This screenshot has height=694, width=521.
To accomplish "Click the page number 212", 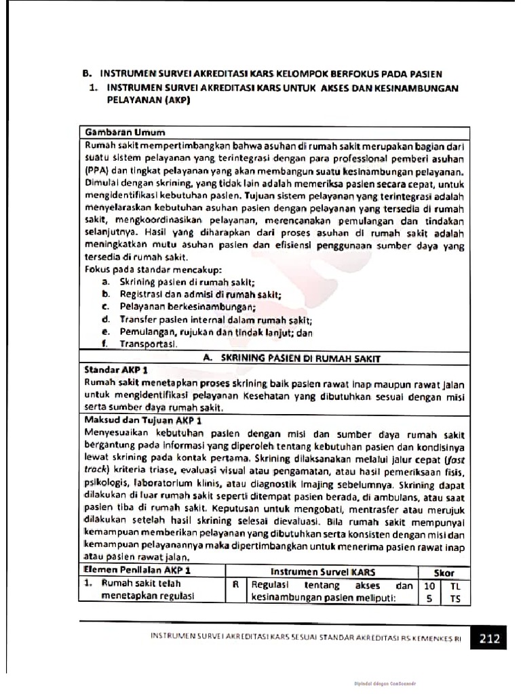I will pos(490,638).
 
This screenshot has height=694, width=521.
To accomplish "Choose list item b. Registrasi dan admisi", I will pos(192,294).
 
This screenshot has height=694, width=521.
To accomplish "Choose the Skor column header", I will pos(444,571).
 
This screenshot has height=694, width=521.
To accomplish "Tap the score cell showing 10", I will pos(429,584).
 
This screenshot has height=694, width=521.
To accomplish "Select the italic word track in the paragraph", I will pos(95,469).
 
